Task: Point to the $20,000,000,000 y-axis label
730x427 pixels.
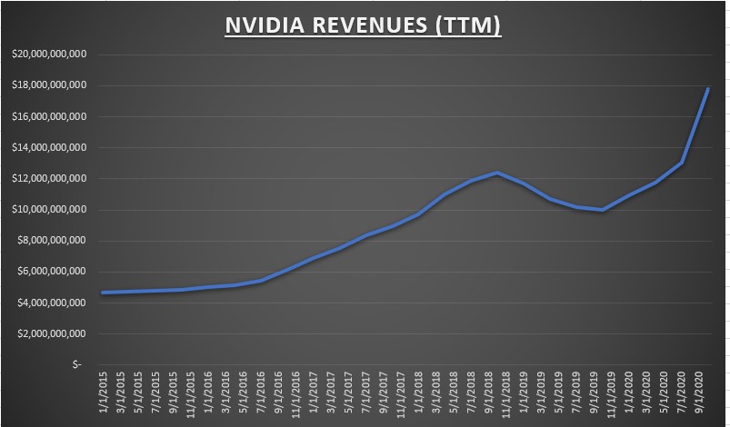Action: click(48, 55)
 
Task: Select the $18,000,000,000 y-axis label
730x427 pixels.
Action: click(48, 85)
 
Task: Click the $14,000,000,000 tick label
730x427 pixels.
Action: click(48, 147)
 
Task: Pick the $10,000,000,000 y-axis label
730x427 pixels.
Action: click(48, 209)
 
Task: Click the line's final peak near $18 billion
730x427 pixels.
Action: click(707, 89)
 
